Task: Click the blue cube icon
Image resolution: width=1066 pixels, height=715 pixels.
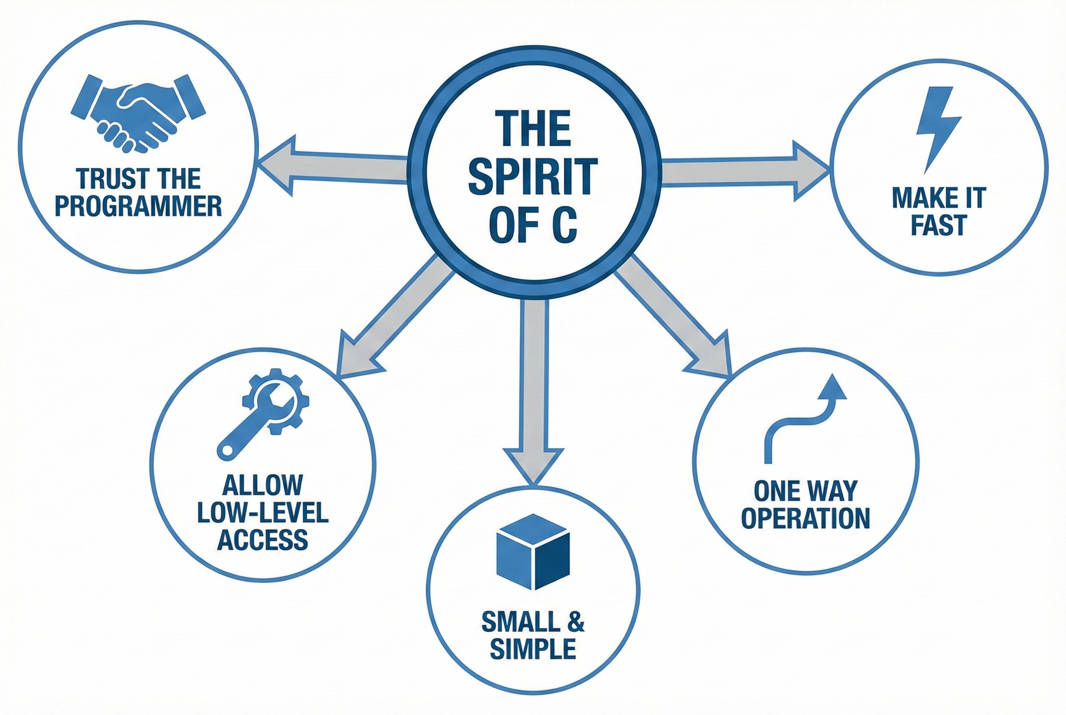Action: click(533, 551)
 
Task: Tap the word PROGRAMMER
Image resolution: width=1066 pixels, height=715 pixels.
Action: click(138, 206)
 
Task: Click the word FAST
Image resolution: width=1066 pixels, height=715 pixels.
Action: click(938, 225)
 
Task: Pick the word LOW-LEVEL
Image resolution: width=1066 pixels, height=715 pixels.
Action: click(263, 513)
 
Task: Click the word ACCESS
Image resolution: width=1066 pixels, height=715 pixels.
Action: click(263, 540)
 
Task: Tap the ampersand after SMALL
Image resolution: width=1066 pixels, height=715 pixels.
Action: click(576, 621)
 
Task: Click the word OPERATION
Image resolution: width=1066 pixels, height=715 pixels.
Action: click(805, 518)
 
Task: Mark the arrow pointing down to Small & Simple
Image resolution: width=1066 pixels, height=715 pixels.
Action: click(533, 387)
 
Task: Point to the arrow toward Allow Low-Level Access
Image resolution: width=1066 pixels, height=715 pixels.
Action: click(392, 319)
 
